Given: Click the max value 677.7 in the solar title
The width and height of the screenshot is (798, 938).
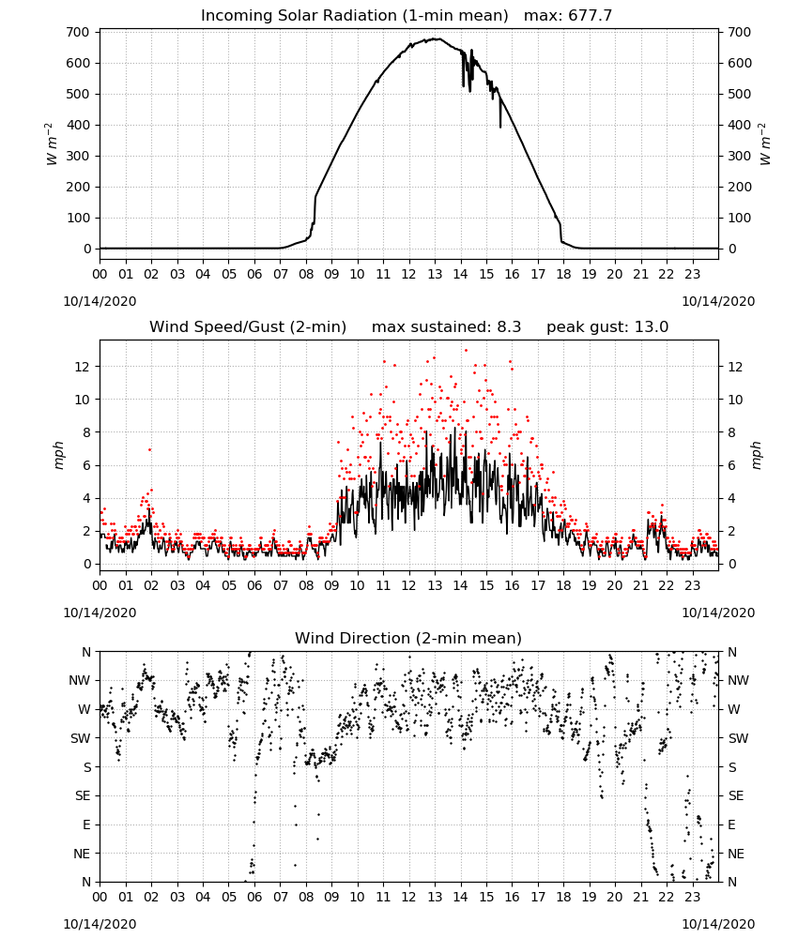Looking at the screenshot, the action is [x=591, y=15].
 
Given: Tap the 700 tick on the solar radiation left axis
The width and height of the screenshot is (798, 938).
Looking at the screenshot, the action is [x=79, y=32].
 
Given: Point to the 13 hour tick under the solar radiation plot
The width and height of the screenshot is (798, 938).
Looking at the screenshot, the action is [x=435, y=274].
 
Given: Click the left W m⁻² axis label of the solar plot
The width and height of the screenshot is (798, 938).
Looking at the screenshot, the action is [x=52, y=144].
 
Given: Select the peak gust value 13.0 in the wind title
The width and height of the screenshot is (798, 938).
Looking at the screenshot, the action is [x=652, y=326].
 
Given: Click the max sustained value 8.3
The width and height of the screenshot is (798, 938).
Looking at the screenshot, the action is [x=509, y=326].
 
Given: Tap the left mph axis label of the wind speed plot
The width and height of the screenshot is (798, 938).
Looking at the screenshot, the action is [x=58, y=455].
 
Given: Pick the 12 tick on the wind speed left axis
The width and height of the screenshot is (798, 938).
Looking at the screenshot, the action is [x=83, y=366].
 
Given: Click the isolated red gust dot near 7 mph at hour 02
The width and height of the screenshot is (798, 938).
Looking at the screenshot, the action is [x=149, y=449].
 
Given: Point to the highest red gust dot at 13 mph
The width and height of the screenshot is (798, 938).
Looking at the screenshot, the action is [x=466, y=351].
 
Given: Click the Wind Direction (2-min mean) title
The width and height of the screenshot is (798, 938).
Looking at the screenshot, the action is [x=408, y=638].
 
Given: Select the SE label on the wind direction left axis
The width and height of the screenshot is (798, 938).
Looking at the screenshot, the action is [x=84, y=795].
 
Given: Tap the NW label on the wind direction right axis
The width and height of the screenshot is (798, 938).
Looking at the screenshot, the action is [x=738, y=680].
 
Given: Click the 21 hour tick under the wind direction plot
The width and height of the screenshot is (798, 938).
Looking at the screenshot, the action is [x=640, y=897].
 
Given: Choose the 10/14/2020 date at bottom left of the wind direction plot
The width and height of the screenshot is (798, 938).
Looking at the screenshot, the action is [x=100, y=924].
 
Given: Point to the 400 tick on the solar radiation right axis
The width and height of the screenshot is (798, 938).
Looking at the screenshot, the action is [x=740, y=125].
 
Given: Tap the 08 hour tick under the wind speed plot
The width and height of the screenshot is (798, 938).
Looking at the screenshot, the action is [x=306, y=585].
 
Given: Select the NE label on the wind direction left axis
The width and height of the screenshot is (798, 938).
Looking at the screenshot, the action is [x=83, y=854].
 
